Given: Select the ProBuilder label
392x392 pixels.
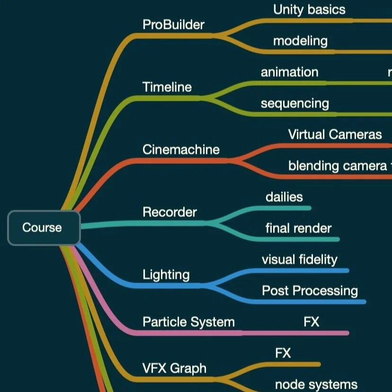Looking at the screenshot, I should (x=173, y=25).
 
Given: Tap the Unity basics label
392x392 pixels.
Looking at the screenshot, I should (x=309, y=9).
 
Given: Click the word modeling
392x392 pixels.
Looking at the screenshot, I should (x=300, y=41).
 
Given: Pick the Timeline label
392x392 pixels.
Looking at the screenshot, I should (x=167, y=87).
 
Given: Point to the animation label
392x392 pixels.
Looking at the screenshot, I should (x=289, y=72).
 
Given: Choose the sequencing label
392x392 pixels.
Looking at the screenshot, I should (x=294, y=103).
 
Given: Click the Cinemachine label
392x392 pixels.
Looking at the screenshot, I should (x=181, y=150).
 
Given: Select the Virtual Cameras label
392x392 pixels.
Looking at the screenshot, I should (x=335, y=134).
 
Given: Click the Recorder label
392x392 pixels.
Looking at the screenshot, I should (x=169, y=212).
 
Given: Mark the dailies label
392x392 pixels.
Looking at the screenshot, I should (x=284, y=197).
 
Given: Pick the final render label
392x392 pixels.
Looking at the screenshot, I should (x=298, y=228).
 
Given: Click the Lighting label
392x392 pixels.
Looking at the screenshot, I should (x=166, y=275).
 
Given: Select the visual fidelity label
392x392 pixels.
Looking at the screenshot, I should (x=299, y=259).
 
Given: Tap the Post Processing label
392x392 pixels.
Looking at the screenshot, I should (x=310, y=291).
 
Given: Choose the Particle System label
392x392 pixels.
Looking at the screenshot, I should (x=188, y=322).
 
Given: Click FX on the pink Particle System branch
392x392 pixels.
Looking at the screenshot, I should (x=311, y=322).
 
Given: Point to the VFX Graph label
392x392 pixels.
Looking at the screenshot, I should (x=174, y=368).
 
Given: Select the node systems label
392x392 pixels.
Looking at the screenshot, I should (x=316, y=384).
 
